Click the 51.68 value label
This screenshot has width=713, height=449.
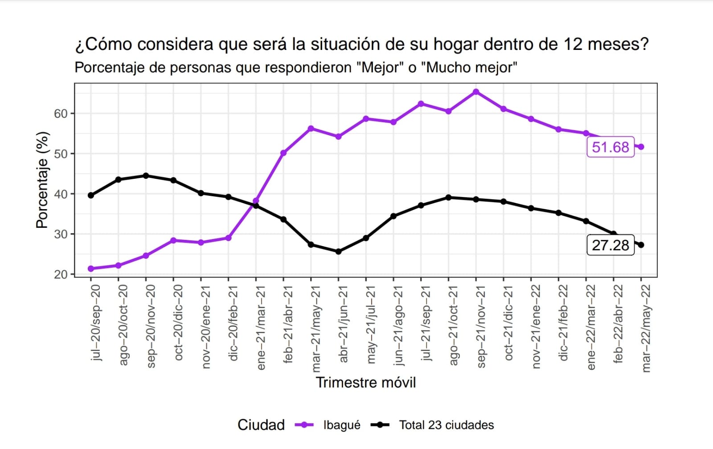pyautogui.click(x=610, y=147)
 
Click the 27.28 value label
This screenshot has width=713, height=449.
pyautogui.click(x=610, y=245)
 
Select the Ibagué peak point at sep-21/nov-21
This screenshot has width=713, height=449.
pyautogui.click(x=476, y=92)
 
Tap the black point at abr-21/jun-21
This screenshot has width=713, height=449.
pyautogui.click(x=338, y=251)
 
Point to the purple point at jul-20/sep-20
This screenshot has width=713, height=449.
pyautogui.click(x=91, y=268)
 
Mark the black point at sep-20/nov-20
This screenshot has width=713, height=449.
pyautogui.click(x=146, y=176)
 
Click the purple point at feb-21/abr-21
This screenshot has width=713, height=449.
pyautogui.click(x=283, y=153)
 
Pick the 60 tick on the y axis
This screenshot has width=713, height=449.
pyautogui.click(x=61, y=114)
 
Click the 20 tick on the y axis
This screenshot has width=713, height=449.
pyautogui.click(x=61, y=275)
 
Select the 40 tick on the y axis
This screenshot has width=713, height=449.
pyautogui.click(x=61, y=194)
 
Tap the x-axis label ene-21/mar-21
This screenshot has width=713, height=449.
pyautogui.click(x=261, y=328)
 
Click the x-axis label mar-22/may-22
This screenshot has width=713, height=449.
pyautogui.click(x=646, y=329)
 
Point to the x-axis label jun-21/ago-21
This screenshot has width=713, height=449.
pyautogui.click(x=398, y=326)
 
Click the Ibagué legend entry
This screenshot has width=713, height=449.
pyautogui.click(x=341, y=425)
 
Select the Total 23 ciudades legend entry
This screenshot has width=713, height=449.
pyautogui.click(x=446, y=425)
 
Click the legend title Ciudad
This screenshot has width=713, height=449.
pyautogui.click(x=261, y=425)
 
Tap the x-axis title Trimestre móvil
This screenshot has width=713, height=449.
pyautogui.click(x=366, y=383)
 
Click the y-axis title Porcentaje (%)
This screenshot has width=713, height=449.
pyautogui.click(x=42, y=180)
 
